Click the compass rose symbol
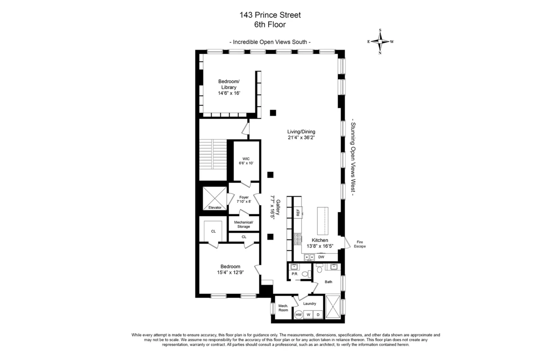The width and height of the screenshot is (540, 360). (x=380, y=41)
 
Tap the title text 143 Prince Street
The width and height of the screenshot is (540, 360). (x=270, y=15)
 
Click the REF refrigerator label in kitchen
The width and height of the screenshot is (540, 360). (x=298, y=212)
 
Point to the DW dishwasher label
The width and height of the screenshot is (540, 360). (x=321, y=257)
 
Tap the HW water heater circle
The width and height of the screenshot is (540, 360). (x=298, y=315)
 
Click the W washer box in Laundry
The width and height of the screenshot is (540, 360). (x=309, y=315)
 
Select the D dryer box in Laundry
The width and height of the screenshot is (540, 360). (x=318, y=315)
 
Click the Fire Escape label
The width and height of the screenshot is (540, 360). (x=359, y=244)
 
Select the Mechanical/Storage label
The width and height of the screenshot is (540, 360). (x=243, y=224)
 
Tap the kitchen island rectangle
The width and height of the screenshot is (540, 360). (x=323, y=220)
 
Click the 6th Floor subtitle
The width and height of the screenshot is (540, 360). (x=270, y=25)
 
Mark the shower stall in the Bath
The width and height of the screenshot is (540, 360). (x=333, y=307)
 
